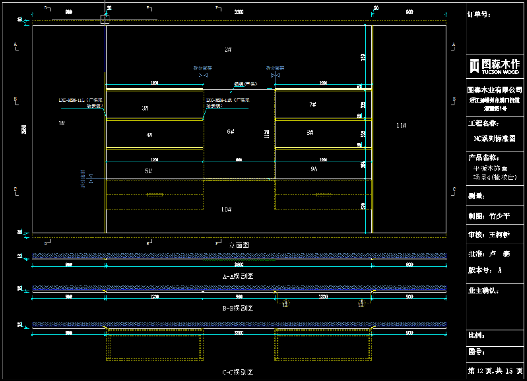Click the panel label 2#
(228, 49)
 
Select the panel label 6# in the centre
(230, 131)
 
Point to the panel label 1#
(61, 123)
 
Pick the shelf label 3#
(145, 108)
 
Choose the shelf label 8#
(310, 133)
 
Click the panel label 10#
(226, 209)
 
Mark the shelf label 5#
(149, 171)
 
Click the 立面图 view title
(239, 245)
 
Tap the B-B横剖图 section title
(238, 308)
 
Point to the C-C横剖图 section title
(238, 372)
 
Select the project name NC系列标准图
(495, 139)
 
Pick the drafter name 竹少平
(499, 216)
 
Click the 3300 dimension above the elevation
(239, 12)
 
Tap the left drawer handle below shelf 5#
(155, 195)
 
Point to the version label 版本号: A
(485, 270)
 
